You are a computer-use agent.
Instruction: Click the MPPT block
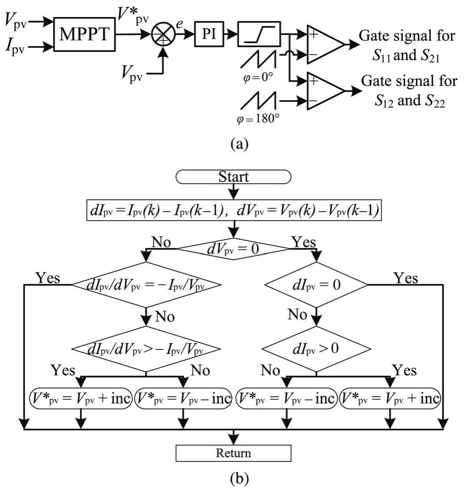[x=84, y=34]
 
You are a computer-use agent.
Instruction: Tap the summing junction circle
[x=163, y=35]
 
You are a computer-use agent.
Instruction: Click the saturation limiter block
[x=259, y=34]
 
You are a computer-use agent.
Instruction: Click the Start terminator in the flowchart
[x=234, y=177]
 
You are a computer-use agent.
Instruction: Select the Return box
[x=234, y=453]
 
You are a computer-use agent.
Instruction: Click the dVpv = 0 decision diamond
[x=234, y=249]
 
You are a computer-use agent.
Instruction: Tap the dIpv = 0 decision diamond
[x=316, y=284]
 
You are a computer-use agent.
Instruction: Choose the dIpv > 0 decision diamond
[x=316, y=348]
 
